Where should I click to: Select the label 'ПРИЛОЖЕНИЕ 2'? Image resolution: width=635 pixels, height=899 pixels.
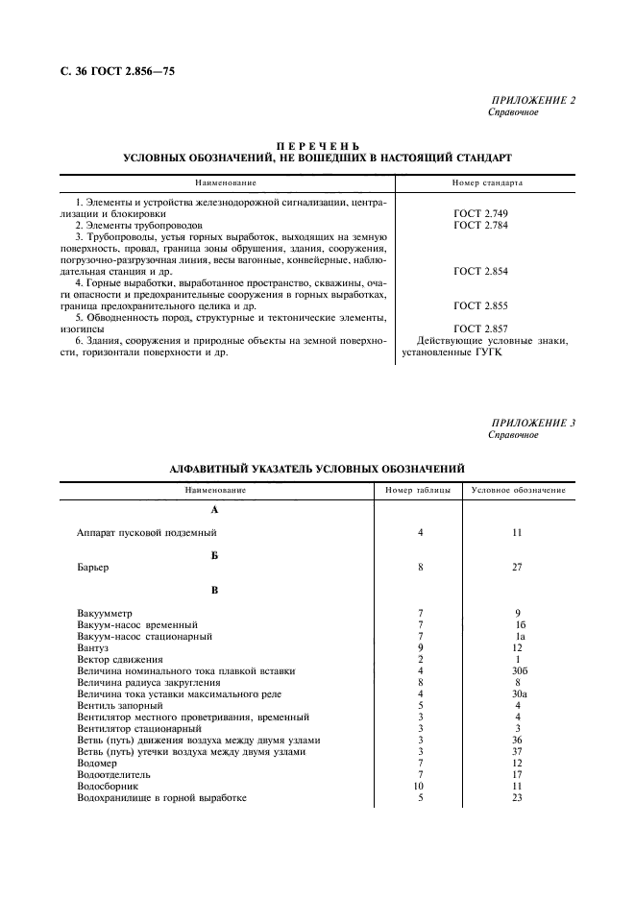[533, 100]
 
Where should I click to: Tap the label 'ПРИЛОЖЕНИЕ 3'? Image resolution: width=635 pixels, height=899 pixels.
[533, 423]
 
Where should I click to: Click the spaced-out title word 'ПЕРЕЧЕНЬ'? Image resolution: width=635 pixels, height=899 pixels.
[317, 143]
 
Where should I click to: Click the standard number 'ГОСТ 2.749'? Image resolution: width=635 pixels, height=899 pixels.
[480, 213]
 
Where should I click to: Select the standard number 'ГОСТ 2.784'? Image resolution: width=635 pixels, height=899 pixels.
[480, 225]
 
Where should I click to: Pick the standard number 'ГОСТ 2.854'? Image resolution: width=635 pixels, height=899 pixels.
[480, 271]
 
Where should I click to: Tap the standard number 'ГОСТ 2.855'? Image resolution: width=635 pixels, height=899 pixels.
[480, 305]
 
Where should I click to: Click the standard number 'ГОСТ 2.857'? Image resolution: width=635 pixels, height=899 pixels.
[480, 328]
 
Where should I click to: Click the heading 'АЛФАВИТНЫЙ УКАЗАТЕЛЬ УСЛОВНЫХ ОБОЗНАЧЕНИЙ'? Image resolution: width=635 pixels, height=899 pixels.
[317, 468]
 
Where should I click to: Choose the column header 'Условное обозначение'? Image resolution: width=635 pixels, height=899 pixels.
[518, 491]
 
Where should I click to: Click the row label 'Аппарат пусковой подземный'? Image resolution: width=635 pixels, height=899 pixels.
[147, 532]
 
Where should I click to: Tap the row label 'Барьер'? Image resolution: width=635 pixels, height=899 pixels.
[92, 567]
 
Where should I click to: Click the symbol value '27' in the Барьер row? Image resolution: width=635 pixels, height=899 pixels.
[517, 567]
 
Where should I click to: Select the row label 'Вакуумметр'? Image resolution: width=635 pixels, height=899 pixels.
[105, 613]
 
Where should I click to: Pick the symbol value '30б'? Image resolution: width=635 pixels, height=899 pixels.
[517, 670]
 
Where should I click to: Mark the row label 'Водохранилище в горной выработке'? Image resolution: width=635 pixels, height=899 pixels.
[161, 797]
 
